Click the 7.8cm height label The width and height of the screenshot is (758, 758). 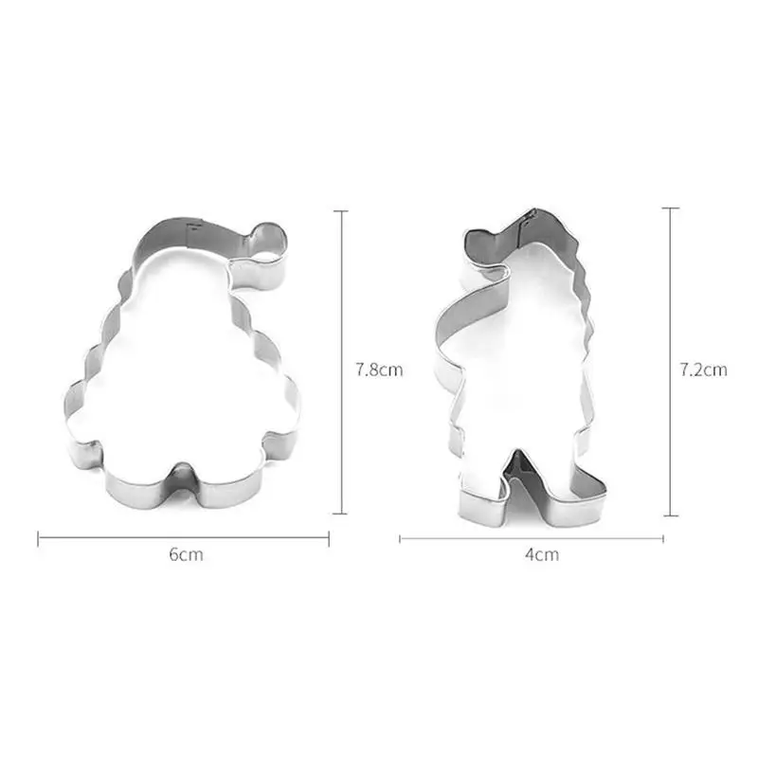(380, 370)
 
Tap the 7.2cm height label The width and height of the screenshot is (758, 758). (703, 370)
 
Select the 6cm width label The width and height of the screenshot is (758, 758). (186, 554)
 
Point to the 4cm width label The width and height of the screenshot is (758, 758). (542, 554)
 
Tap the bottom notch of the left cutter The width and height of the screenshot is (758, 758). (182, 478)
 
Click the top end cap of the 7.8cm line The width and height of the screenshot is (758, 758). (340, 211)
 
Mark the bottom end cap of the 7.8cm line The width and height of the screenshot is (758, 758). (340, 514)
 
